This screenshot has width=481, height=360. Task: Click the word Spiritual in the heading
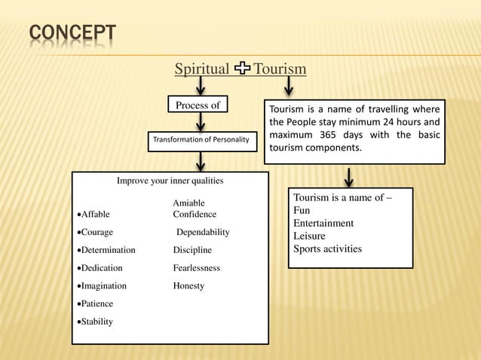click(x=202, y=70)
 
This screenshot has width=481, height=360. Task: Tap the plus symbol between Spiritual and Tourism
click(x=242, y=70)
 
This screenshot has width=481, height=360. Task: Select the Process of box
click(x=198, y=105)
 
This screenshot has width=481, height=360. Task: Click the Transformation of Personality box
click(x=201, y=140)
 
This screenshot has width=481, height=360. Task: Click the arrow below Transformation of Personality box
click(x=201, y=161)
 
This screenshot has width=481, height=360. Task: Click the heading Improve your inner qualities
click(x=170, y=181)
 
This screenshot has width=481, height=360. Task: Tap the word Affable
click(x=95, y=215)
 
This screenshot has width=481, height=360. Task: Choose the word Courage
click(x=97, y=233)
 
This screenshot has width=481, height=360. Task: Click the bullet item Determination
click(x=108, y=250)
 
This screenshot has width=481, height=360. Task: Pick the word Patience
click(x=97, y=304)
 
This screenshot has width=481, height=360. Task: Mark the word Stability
click(x=97, y=322)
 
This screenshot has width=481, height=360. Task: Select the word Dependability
click(x=203, y=233)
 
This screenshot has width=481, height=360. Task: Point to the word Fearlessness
click(x=197, y=268)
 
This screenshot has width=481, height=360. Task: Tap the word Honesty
click(x=188, y=286)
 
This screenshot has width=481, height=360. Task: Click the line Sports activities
click(x=327, y=249)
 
